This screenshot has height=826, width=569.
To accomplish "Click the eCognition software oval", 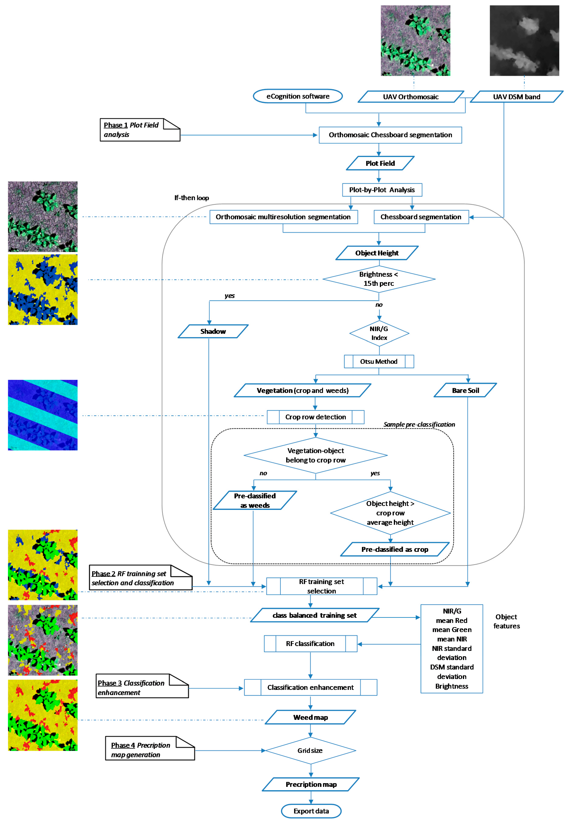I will point(298,96).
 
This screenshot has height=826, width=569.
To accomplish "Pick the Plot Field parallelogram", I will point(380,163).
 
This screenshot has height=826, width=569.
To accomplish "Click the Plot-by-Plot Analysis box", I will point(382,190).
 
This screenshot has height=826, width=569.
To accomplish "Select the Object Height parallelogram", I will point(377,253).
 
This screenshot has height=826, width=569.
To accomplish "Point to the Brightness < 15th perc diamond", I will point(379,279).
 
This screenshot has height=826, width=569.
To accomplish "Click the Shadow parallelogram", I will point(213,331).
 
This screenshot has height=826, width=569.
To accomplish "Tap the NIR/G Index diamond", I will point(379,333).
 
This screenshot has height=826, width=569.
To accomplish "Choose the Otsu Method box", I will point(379,361).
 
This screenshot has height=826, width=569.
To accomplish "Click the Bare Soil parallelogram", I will point(465,390).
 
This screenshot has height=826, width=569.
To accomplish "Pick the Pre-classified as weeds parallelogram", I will point(254,500).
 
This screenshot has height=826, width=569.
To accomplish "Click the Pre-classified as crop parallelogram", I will point(395,549).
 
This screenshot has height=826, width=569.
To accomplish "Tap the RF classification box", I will point(310,643).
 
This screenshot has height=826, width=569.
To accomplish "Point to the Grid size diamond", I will point(310,750).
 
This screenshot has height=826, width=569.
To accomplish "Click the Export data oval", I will point(311,811).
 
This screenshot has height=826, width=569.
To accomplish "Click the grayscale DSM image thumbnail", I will point(524,40).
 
